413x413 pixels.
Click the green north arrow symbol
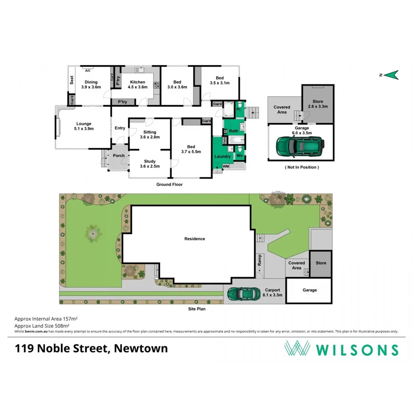click(x=391, y=75)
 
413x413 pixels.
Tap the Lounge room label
click(x=84, y=126)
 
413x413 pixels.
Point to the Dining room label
click(x=91, y=84)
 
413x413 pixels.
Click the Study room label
click(x=150, y=164)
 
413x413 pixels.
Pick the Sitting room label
click(x=150, y=134)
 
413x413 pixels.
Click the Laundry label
click(x=223, y=157)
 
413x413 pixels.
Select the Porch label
click(x=118, y=156)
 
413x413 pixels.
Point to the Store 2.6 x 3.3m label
click(x=317, y=104)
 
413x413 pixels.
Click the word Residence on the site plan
click(x=195, y=239)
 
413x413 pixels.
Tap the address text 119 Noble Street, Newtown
click(x=91, y=349)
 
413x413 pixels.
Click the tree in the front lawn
click(x=92, y=234)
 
